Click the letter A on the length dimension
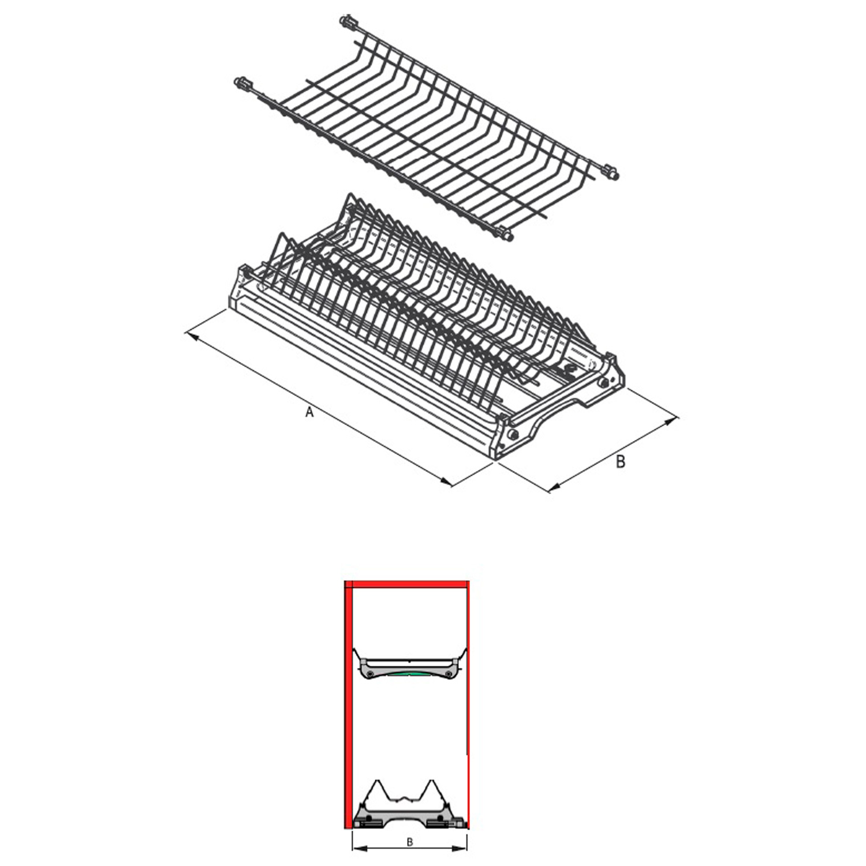click(309, 412)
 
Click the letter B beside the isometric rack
click(620, 461)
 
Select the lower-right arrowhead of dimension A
click(446, 481)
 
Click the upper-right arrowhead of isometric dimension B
click(672, 419)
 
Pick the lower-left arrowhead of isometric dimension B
click(554, 488)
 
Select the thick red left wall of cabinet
click(348, 704)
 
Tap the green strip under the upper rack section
click(410, 674)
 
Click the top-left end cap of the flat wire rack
click(348, 23)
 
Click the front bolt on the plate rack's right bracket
click(512, 434)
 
